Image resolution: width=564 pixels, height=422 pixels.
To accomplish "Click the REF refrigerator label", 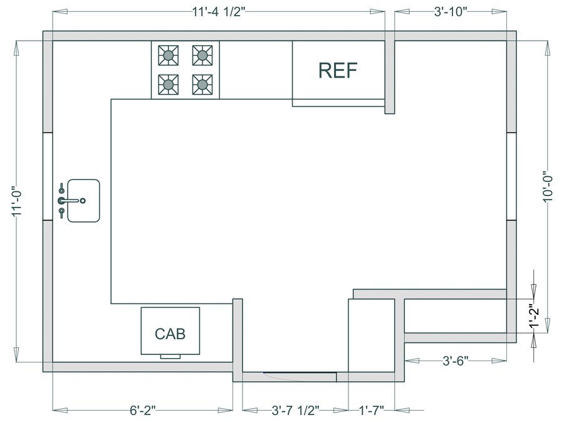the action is [338, 70].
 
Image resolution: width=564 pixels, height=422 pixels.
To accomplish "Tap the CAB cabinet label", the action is [170, 334].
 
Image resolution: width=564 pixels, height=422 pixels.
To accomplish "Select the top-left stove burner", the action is [169, 55].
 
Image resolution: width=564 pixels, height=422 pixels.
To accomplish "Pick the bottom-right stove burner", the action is [202, 85].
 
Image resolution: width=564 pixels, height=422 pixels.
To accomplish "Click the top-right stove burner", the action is [202, 55].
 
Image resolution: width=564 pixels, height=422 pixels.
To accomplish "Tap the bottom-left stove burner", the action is [169, 85].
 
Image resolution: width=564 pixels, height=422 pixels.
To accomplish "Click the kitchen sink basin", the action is [83, 201].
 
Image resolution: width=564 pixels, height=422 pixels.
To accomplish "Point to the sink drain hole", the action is [83, 201].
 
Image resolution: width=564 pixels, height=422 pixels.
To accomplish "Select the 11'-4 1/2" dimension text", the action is [218, 12].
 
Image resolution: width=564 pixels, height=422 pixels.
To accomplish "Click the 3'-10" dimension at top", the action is [451, 12].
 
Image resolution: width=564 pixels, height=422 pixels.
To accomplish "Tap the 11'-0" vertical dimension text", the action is [18, 201].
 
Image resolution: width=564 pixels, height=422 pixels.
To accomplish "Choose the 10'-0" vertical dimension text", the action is [548, 186].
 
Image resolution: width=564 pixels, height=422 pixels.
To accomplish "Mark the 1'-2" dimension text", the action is [535, 317].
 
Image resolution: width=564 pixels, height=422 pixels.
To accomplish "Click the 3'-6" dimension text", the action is [456, 361].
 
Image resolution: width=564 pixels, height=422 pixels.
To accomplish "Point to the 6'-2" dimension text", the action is [143, 410].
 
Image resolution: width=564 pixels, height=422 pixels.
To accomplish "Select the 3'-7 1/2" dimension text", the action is [296, 410].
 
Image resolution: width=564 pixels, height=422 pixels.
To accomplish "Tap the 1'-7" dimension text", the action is [372, 410].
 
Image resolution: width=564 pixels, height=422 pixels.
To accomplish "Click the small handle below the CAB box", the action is [170, 357].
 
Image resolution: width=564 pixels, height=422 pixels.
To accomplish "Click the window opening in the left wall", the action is [48, 176].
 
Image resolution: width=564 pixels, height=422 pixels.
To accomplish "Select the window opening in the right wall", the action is [511, 176].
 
